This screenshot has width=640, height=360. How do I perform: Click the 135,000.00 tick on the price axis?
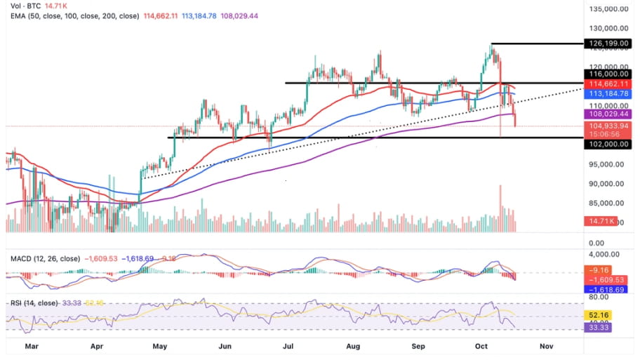[607, 9]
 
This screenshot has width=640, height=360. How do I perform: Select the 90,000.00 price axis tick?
[607, 184]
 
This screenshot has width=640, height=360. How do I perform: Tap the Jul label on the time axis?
[288, 346]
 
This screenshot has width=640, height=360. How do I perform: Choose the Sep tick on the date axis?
[418, 346]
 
